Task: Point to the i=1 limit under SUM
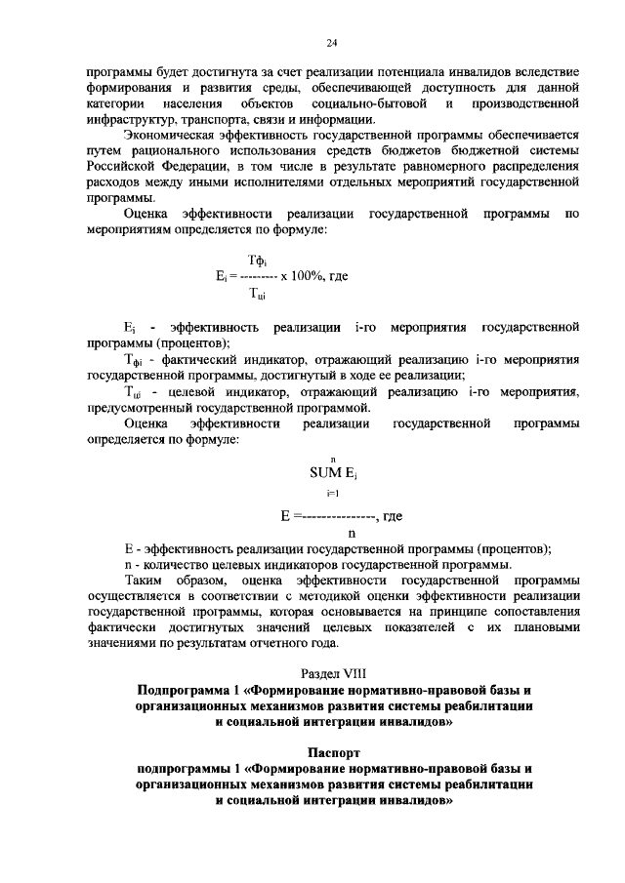tap(333, 495)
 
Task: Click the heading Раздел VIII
tap(332, 673)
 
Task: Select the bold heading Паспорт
tap(333, 753)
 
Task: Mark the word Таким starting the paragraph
tap(144, 580)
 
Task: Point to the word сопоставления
tap(537, 611)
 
